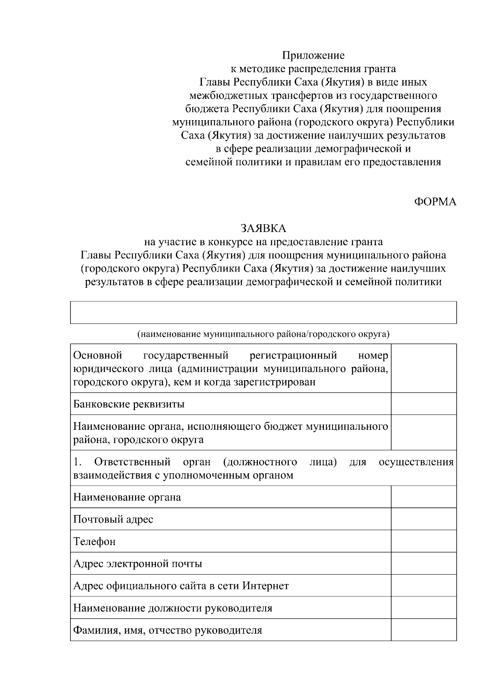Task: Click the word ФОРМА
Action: [x=435, y=202]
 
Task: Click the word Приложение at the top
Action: [x=313, y=55]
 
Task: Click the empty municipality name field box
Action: [x=263, y=313]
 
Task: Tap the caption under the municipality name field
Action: [x=263, y=334]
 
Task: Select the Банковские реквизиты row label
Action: [x=129, y=404]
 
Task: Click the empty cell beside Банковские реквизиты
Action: [x=424, y=404]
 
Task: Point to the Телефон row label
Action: [x=94, y=541]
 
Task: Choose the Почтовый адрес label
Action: [x=113, y=519]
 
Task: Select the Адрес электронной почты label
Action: [x=138, y=564]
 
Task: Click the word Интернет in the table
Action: [x=266, y=586]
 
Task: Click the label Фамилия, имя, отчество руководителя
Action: [x=168, y=630]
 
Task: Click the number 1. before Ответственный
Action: [x=78, y=462]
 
